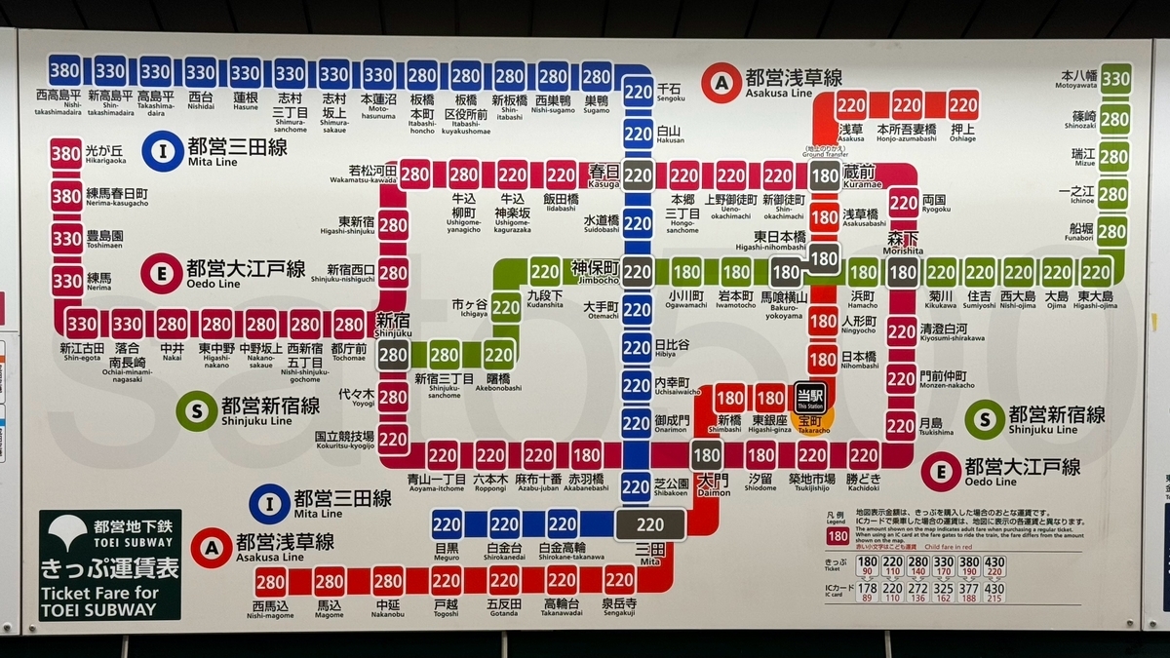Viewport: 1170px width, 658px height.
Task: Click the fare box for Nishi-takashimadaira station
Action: click(x=65, y=71)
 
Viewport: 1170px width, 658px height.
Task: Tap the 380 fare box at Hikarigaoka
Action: click(x=65, y=154)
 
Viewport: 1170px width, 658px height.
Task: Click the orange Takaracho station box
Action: click(x=811, y=421)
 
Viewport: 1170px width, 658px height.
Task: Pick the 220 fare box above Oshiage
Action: click(x=963, y=104)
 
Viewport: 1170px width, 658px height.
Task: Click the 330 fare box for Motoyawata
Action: click(x=1115, y=78)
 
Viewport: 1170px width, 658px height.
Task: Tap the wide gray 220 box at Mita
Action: click(x=649, y=524)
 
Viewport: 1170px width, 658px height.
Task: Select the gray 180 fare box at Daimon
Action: click(x=706, y=454)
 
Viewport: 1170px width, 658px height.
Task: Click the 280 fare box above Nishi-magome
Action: click(x=270, y=582)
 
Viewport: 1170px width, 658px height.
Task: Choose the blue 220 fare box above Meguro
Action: click(x=447, y=524)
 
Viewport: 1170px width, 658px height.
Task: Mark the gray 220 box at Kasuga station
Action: click(x=638, y=175)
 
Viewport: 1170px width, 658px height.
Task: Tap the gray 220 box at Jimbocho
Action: click(x=638, y=272)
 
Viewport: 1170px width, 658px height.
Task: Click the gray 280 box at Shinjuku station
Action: click(x=393, y=354)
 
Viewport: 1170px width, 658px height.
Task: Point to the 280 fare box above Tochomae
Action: click(x=349, y=324)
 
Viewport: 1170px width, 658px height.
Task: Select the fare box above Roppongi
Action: click(x=490, y=454)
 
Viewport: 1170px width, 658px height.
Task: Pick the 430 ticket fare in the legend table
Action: click(x=994, y=562)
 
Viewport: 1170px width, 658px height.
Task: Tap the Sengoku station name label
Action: click(x=670, y=91)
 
